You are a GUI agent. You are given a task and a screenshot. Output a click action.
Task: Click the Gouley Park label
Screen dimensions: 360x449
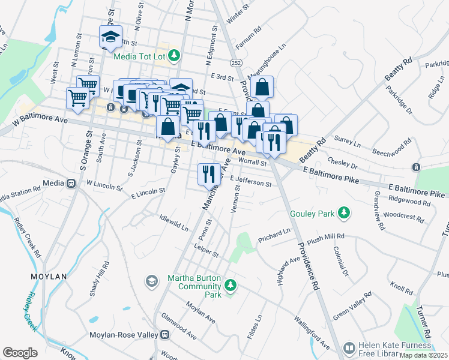pyautogui.click(x=311, y=213)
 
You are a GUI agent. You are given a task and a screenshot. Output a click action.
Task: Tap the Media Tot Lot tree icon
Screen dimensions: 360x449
pyautogui.click(x=174, y=56)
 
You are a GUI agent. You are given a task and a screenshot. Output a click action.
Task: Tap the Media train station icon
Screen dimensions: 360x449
pyautogui.click(x=71, y=182)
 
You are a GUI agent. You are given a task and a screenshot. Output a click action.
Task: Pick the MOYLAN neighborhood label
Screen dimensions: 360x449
pyautogui.click(x=49, y=277)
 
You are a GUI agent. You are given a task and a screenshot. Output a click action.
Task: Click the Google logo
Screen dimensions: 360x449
pyautogui.click(x=20, y=353)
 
